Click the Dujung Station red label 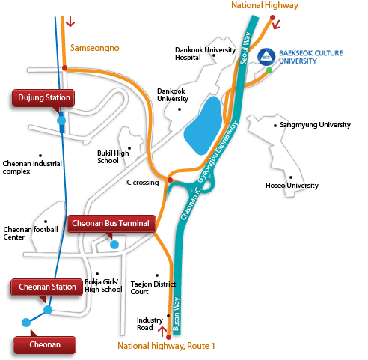pyautogui.click(x=43, y=98)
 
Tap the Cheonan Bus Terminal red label pyautogui.click(x=111, y=223)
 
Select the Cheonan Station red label pyautogui.click(x=46, y=287)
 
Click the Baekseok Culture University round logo pyautogui.click(x=266, y=57)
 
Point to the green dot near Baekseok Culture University pyautogui.click(x=269, y=70)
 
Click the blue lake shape pyautogui.click(x=203, y=126)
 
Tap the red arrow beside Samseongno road pyautogui.click(x=70, y=22)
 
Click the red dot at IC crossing pyautogui.click(x=170, y=180)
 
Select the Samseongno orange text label pyautogui.click(x=95, y=48)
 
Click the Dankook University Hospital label pyautogui.click(x=205, y=53)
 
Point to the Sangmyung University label pyautogui.click(x=315, y=125)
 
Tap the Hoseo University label pyautogui.click(x=292, y=186)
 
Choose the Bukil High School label pyautogui.click(x=113, y=156)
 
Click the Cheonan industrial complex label pyautogui.click(x=32, y=168)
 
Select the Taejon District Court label pyautogui.click(x=153, y=288)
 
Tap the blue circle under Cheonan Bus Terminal pyautogui.click(x=114, y=245)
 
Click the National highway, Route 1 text pyautogui.click(x=166, y=346)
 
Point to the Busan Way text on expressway pyautogui.click(x=177, y=314)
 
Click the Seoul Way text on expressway pyautogui.click(x=245, y=49)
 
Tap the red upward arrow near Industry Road pyautogui.click(x=162, y=332)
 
